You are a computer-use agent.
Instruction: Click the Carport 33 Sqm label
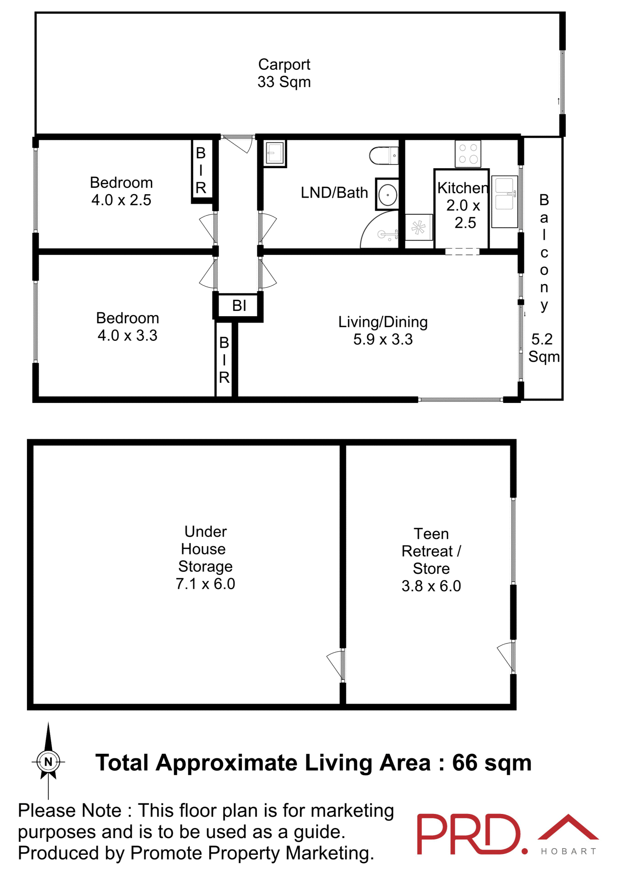coord(284,73)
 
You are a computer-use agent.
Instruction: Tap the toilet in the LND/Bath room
coord(383,155)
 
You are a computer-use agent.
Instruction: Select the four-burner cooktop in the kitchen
coord(468,154)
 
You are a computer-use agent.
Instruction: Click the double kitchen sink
coord(504,201)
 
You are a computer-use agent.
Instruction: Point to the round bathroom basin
coord(388,195)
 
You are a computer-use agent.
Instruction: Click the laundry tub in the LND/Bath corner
coord(275,153)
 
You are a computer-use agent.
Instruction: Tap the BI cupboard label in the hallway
coord(239,305)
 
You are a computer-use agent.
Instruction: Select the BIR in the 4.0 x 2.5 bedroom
coord(201,170)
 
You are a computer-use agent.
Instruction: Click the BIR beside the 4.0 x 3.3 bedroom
coord(224,360)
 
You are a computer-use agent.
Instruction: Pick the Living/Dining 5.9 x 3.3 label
coord(383,330)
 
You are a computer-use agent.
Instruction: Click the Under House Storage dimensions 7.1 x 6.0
coord(205,584)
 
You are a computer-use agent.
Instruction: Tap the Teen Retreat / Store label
coord(431,551)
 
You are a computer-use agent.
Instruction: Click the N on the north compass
coord(48,762)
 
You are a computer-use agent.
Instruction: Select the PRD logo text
coord(469,834)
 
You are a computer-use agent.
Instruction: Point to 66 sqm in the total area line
coord(491,763)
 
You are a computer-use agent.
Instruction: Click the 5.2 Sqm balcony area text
coord(543,347)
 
